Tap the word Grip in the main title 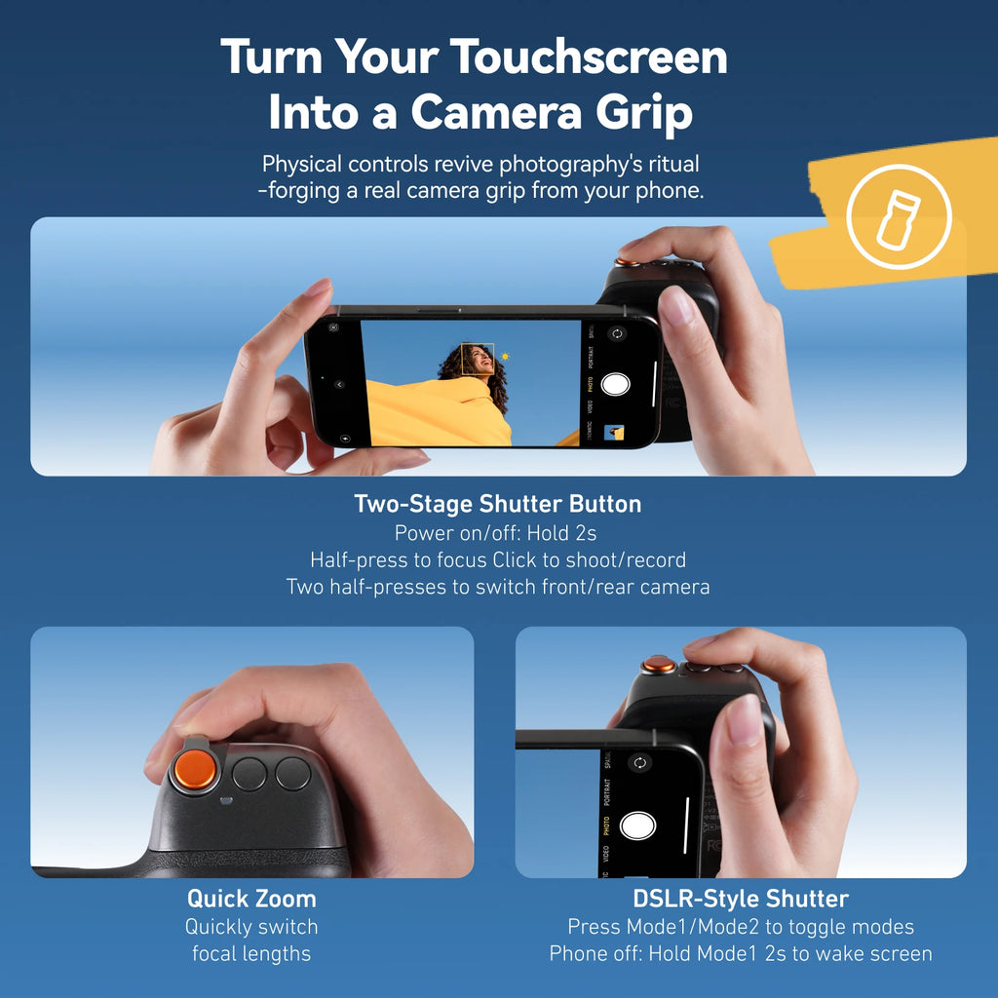(648, 112)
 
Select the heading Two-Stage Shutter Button (498, 504)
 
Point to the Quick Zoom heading (251, 898)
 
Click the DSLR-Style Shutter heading (741, 898)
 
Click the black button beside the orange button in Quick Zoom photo (249, 774)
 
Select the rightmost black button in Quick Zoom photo (292, 773)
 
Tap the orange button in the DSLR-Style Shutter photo (659, 666)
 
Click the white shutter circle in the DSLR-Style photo (638, 825)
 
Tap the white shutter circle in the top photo (616, 384)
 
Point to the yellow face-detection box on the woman (479, 360)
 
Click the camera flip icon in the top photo (616, 334)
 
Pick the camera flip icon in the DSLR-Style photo (639, 762)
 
